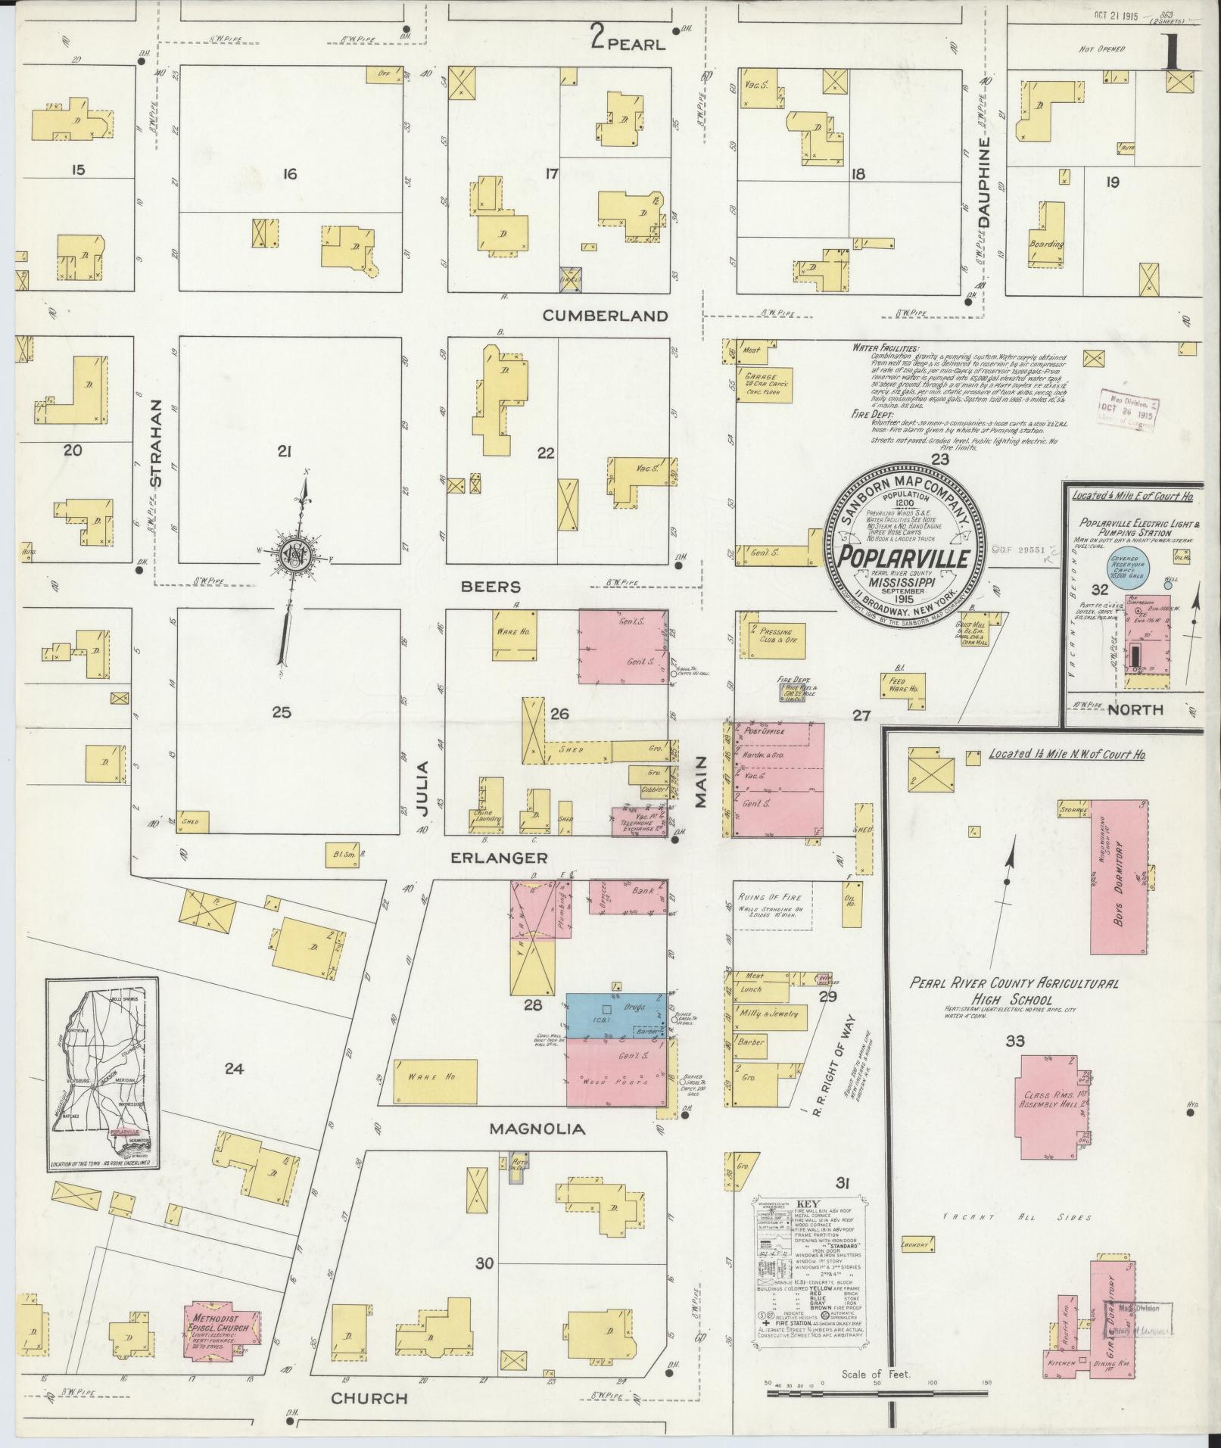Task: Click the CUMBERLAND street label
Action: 606,316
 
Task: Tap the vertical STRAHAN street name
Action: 157,443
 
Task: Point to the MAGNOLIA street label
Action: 537,1129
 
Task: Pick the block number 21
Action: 285,452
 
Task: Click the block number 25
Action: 282,712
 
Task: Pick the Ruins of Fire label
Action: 769,897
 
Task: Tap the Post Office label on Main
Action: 765,732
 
